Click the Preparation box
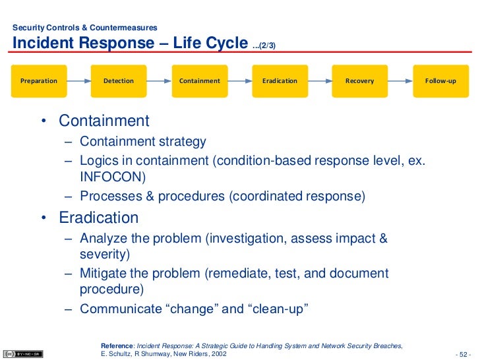[39, 81]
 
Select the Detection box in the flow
[119, 81]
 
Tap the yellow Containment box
[200, 81]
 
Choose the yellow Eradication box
[280, 81]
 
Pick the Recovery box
[360, 81]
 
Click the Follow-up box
[441, 81]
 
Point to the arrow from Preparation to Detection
[79, 81]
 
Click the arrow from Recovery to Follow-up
[400, 81]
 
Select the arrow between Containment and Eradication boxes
[240, 81]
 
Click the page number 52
[463, 355]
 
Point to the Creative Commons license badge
[23, 354]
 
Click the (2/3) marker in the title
[267, 45]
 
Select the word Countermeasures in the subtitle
[123, 28]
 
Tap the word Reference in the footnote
[117, 346]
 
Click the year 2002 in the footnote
[219, 354]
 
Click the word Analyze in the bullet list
[104, 239]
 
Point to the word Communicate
[121, 309]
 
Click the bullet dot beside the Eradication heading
[44, 218]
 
